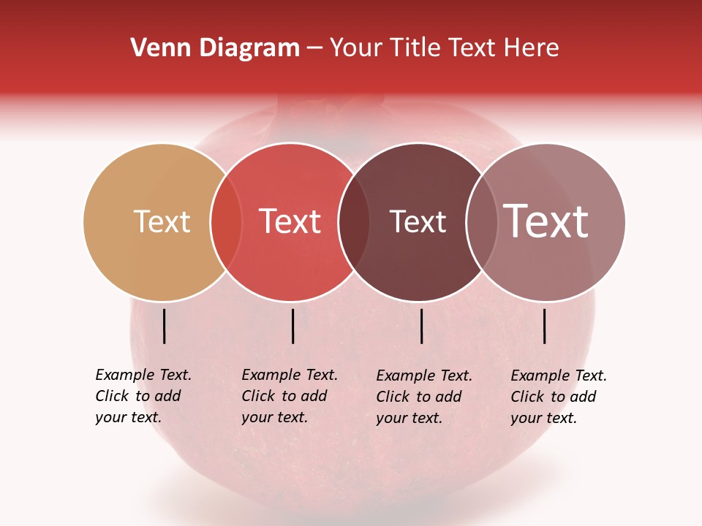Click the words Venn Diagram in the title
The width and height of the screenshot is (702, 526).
[x=215, y=48]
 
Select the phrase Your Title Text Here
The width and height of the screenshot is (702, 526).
[x=444, y=48]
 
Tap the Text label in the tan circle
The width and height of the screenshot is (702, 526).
[x=162, y=221]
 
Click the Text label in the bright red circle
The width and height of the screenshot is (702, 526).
[x=290, y=221]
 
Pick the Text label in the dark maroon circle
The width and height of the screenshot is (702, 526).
[x=418, y=221]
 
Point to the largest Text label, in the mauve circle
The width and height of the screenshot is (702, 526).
[x=546, y=221]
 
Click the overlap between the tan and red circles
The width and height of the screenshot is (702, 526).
[x=226, y=222]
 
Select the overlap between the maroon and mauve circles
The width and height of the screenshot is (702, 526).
[x=481, y=222]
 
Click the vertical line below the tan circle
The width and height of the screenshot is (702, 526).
[x=165, y=326]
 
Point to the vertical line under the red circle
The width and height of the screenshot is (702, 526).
[x=292, y=326]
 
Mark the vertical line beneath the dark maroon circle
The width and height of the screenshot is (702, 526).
[x=422, y=326]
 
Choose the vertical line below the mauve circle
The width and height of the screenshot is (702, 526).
[x=545, y=326]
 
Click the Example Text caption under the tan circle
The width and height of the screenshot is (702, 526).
[x=143, y=396]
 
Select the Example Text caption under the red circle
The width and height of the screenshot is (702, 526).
[x=289, y=396]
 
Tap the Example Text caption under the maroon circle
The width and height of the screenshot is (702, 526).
[x=423, y=397]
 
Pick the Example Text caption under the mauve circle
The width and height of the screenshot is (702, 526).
[x=558, y=397]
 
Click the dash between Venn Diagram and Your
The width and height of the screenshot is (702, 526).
[x=314, y=49]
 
